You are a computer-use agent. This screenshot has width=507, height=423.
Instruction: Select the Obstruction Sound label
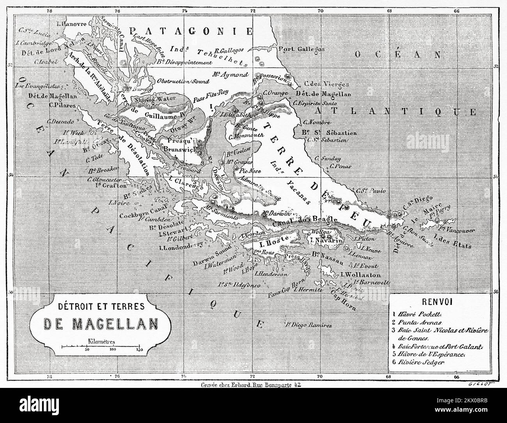[183, 81]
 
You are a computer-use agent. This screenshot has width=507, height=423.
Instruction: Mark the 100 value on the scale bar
[113, 350]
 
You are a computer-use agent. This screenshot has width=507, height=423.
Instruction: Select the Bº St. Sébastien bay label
[323, 133]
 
